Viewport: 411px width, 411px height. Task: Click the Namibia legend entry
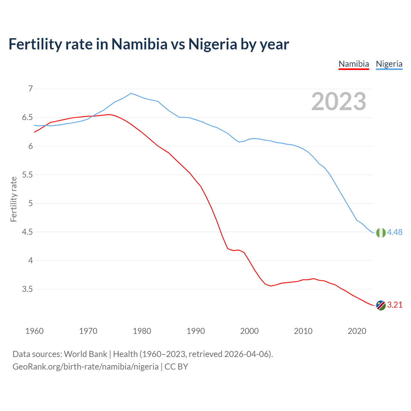(x=354, y=64)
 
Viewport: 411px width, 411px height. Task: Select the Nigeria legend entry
(x=389, y=64)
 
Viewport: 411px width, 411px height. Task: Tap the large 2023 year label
(x=339, y=101)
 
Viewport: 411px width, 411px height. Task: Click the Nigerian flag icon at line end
(x=381, y=232)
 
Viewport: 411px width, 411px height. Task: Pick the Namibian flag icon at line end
(x=381, y=305)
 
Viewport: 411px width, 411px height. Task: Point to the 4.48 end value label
(x=395, y=232)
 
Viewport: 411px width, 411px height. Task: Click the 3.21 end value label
(x=395, y=305)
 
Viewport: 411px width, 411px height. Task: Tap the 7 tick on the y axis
(x=31, y=89)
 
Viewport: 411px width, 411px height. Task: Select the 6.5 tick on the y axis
(x=27, y=118)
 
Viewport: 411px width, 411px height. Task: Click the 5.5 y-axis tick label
(x=27, y=175)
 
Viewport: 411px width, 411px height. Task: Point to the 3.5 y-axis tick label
(x=27, y=289)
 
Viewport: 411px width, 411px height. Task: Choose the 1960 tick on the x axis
(x=34, y=331)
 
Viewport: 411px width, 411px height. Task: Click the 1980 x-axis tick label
(x=142, y=331)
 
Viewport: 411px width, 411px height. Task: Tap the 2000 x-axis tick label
(x=249, y=331)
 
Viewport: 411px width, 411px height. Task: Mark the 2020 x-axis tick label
(x=357, y=331)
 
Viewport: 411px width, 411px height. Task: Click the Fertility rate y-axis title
(x=13, y=199)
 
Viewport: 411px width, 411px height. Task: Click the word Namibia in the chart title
(x=139, y=44)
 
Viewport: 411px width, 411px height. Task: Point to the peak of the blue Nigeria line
(x=131, y=93)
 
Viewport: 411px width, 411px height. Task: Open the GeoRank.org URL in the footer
(x=85, y=367)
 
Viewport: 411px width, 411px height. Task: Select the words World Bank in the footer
(x=85, y=354)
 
